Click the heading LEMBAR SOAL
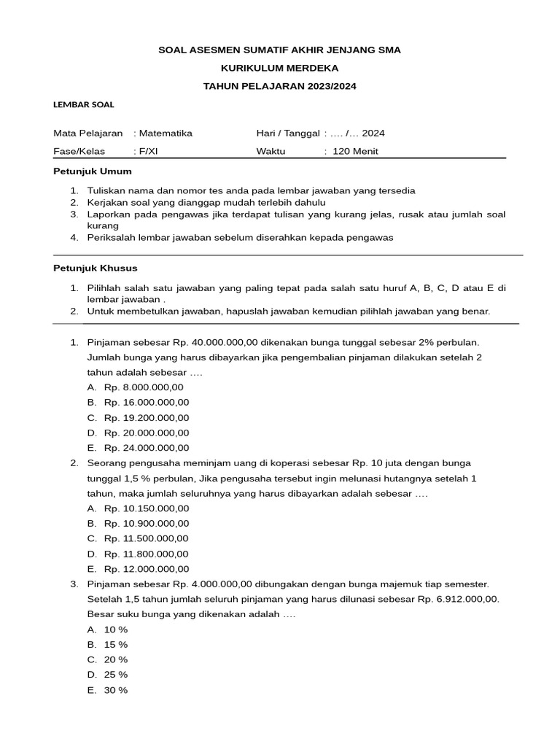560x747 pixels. (x=84, y=104)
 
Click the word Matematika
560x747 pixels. (x=166, y=133)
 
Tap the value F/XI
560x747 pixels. (x=147, y=152)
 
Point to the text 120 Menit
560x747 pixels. (x=355, y=152)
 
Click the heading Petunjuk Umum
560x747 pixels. (x=93, y=171)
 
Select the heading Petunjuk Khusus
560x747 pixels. (x=96, y=268)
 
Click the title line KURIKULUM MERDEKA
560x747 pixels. (x=280, y=68)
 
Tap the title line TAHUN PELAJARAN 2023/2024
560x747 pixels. (x=280, y=86)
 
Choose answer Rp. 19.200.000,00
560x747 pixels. (x=147, y=418)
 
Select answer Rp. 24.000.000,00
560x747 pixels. (x=147, y=448)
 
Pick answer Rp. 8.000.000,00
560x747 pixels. (x=144, y=387)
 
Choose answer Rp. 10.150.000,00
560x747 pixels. (x=147, y=508)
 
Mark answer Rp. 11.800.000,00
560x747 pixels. (x=147, y=554)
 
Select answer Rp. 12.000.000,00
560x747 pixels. (x=147, y=569)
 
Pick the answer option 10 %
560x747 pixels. (x=116, y=630)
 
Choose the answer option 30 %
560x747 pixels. (x=116, y=690)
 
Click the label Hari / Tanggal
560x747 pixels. (x=288, y=133)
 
